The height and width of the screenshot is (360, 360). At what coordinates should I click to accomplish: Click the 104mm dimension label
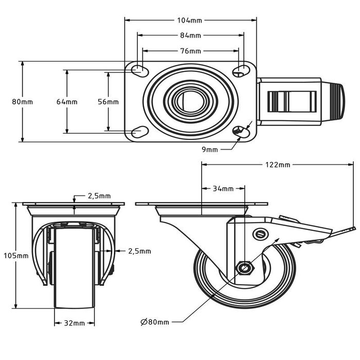point(190,21)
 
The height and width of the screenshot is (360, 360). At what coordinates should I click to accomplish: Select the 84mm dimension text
point(190,35)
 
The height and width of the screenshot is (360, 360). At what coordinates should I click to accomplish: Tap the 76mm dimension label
point(190,51)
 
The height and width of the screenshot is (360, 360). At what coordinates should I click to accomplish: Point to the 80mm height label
point(22,102)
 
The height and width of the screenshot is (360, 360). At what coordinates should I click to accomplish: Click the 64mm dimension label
point(67,102)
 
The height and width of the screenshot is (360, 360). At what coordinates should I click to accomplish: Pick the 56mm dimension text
point(108,102)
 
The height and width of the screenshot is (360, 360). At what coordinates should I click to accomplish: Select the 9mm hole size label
point(210,149)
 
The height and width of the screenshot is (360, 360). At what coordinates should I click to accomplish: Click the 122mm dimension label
point(278,165)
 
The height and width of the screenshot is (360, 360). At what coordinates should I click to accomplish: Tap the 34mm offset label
point(223,189)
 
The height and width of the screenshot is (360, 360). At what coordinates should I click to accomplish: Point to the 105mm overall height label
point(16,256)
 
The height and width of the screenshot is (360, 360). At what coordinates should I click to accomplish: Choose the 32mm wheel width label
point(75,323)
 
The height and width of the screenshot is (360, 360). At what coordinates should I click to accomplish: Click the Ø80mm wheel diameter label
point(155,322)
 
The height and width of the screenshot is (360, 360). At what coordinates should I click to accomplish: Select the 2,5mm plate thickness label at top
point(99,196)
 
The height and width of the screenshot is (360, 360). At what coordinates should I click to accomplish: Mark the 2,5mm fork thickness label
point(139,251)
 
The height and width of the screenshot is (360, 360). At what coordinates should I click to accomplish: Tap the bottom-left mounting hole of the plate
point(139,133)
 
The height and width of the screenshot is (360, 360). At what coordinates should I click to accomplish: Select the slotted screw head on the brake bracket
point(261,235)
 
